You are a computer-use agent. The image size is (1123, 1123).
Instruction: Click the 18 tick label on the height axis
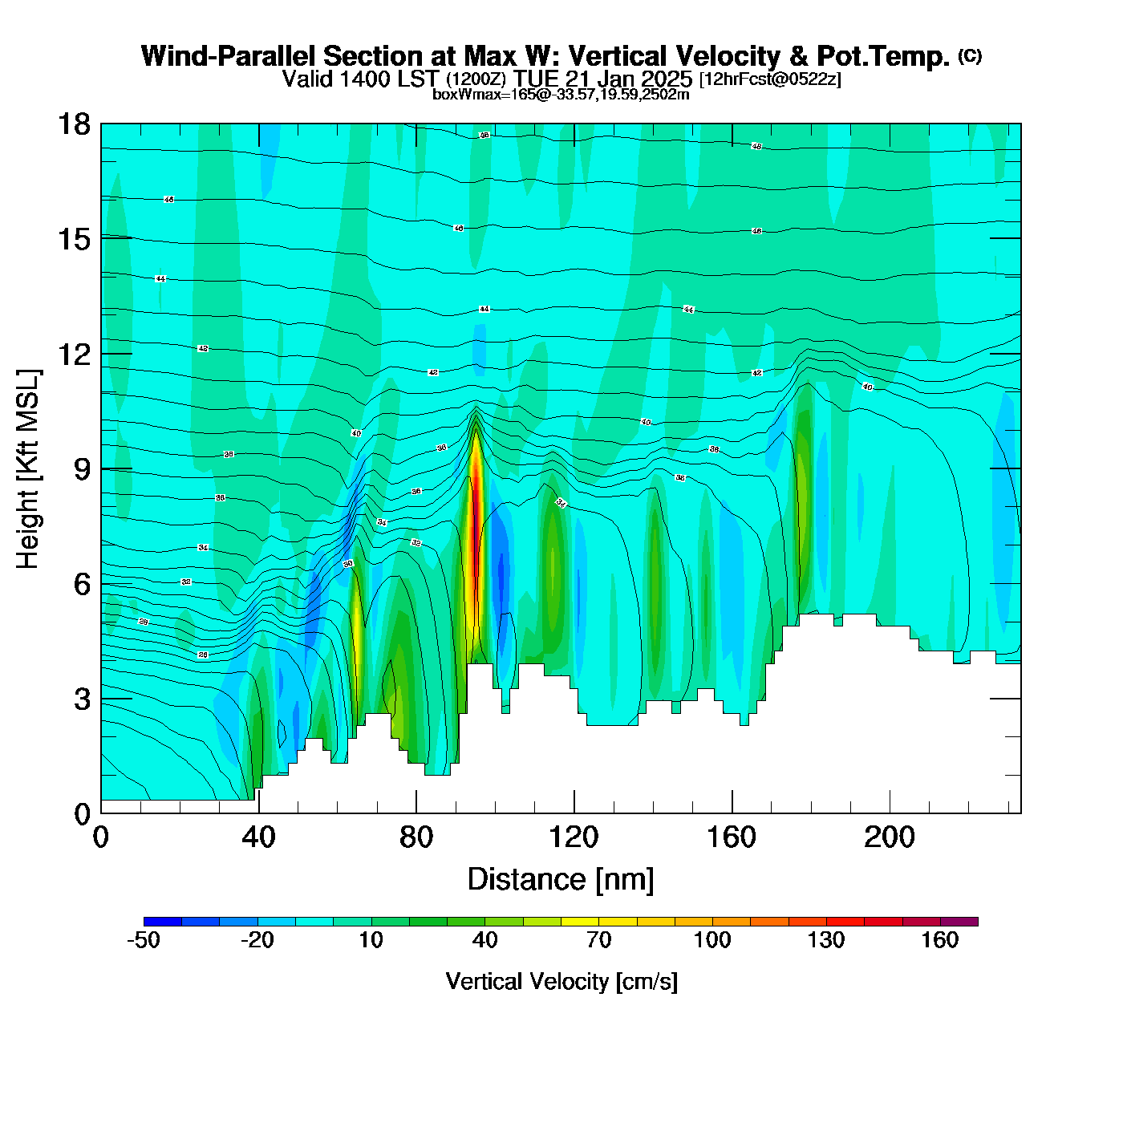click(x=73, y=124)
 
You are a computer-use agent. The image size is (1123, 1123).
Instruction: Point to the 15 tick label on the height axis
click(x=73, y=239)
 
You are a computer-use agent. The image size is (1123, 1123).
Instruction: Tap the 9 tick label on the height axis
click(x=82, y=469)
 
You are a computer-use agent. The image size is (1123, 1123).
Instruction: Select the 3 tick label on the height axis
click(x=82, y=699)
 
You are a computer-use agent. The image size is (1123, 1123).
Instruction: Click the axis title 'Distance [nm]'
click(x=561, y=879)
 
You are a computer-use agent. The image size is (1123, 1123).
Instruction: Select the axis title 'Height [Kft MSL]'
click(x=28, y=469)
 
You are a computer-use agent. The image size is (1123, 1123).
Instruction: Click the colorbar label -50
click(x=144, y=940)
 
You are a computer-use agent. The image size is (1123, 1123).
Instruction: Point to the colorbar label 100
click(x=712, y=940)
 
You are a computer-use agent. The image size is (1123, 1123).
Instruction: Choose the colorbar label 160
click(x=939, y=940)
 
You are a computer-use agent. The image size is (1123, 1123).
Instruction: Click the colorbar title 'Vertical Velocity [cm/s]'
click(x=561, y=981)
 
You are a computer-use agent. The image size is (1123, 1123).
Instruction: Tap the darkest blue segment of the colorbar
click(x=163, y=922)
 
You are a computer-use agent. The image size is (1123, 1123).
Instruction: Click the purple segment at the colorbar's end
click(x=959, y=922)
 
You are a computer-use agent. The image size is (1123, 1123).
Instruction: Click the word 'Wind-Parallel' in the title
click(x=229, y=56)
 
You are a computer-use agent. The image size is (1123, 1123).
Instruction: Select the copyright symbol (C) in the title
click(x=970, y=55)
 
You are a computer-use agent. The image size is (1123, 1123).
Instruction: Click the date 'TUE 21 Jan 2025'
click(x=602, y=79)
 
